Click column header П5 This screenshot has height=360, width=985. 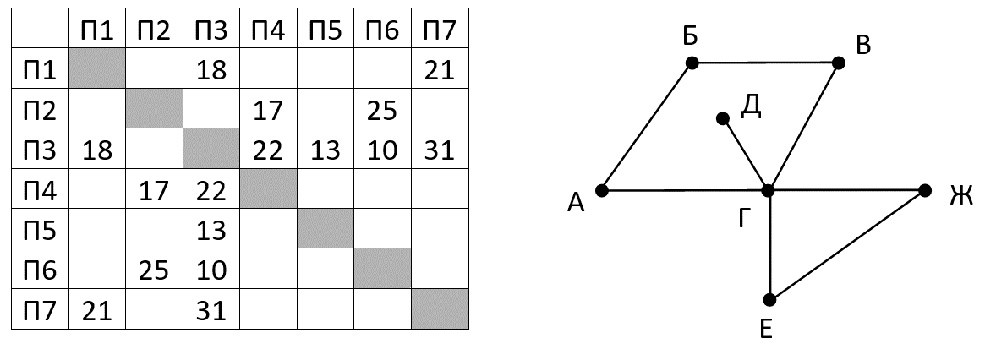(x=326, y=30)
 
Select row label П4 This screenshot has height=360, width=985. (x=40, y=190)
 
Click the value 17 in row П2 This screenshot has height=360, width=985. (x=268, y=111)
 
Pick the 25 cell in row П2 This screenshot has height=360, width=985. (x=382, y=111)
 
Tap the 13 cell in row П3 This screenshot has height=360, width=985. (x=326, y=150)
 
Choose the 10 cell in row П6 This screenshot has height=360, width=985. (x=211, y=270)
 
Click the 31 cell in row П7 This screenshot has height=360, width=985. (x=211, y=310)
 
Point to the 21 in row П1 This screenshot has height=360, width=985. (x=440, y=70)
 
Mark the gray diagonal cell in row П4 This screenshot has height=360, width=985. (x=268, y=188)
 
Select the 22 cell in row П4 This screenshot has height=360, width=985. (x=211, y=190)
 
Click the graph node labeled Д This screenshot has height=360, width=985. (x=723, y=118)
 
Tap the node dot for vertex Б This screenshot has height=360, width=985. (x=692, y=63)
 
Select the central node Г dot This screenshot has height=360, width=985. (x=768, y=190)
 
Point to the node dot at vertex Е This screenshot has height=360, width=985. (x=769, y=300)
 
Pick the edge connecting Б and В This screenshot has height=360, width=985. (x=765, y=63)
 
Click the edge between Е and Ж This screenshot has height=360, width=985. (x=847, y=245)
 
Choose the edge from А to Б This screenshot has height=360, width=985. (x=647, y=126)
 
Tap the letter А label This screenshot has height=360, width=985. (x=576, y=202)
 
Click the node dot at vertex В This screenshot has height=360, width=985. (x=839, y=63)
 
